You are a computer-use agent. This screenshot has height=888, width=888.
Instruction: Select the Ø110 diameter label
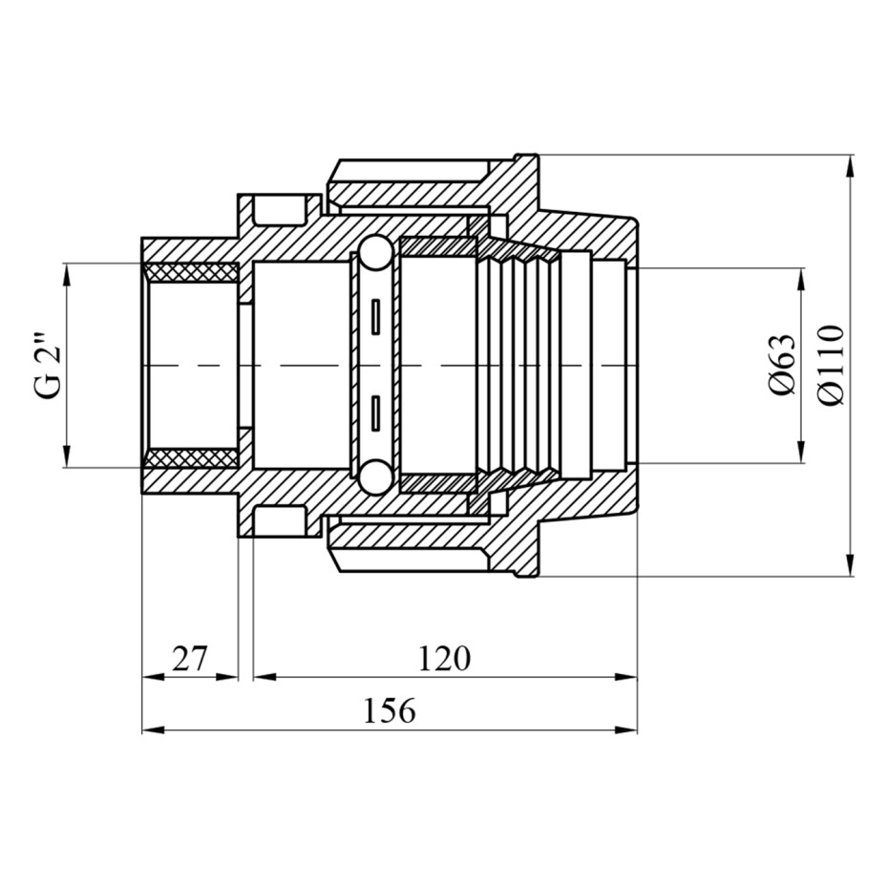[830, 366]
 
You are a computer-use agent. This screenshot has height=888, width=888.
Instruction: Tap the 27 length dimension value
[190, 659]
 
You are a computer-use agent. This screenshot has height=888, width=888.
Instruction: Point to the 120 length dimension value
[443, 659]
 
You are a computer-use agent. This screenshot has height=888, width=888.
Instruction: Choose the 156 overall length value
[389, 711]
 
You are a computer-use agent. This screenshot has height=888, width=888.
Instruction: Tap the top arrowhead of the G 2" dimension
[68, 271]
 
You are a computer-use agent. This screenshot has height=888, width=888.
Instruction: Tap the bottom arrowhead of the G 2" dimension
[68, 461]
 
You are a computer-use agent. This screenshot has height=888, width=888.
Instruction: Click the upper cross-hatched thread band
[191, 270]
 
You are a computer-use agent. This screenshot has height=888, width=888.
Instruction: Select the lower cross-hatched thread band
[191, 460]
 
